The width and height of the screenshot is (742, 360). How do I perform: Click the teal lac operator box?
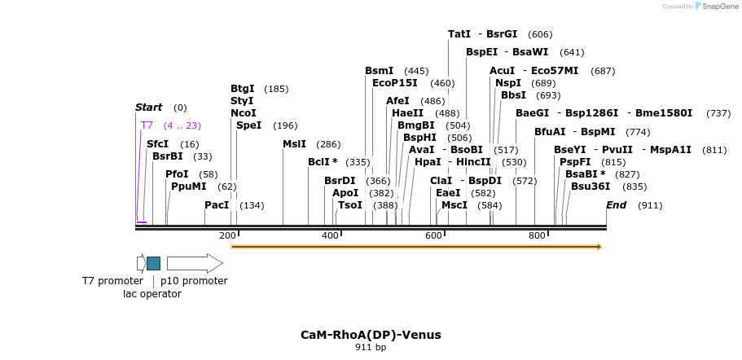pyautogui.click(x=153, y=263)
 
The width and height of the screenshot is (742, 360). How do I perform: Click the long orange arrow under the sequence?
pyautogui.click(x=415, y=246)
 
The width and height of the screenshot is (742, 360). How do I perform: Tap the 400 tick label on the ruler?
pyautogui.click(x=330, y=236)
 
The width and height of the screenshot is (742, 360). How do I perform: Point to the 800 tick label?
pyautogui.click(x=537, y=236)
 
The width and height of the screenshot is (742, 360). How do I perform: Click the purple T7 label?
pyautogui.click(x=147, y=125)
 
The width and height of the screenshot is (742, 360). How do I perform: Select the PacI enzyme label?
pyautogui.click(x=217, y=205)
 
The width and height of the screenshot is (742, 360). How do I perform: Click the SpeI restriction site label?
pyautogui.click(x=248, y=125)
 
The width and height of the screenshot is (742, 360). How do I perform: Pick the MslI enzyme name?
pyautogui.click(x=294, y=144)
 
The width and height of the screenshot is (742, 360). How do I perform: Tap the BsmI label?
pyautogui.click(x=379, y=71)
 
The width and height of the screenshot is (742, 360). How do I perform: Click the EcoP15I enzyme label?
pyautogui.click(x=394, y=83)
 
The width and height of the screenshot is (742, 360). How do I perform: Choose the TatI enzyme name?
pyautogui.click(x=459, y=34)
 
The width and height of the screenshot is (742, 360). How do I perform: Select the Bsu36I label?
pyautogui.click(x=591, y=187)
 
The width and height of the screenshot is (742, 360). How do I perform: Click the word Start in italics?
pyautogui.click(x=148, y=108)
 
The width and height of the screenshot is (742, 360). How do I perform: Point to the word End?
pyautogui.click(x=616, y=205)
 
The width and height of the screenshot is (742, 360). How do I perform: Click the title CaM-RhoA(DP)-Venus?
pyautogui.click(x=371, y=335)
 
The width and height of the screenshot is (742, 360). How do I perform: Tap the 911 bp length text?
pyautogui.click(x=371, y=348)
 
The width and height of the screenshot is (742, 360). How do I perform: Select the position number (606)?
pyautogui.click(x=540, y=34)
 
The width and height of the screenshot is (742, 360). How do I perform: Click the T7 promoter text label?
pyautogui.click(x=112, y=281)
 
